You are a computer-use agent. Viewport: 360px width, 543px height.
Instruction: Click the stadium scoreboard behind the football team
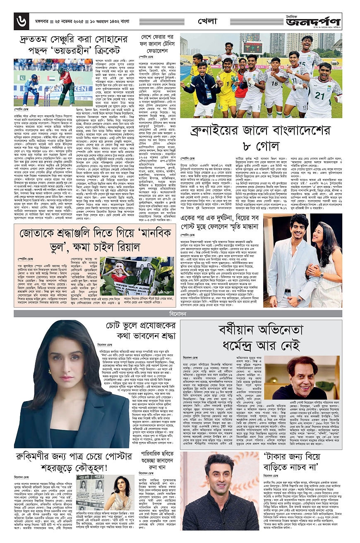coord(252,47)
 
